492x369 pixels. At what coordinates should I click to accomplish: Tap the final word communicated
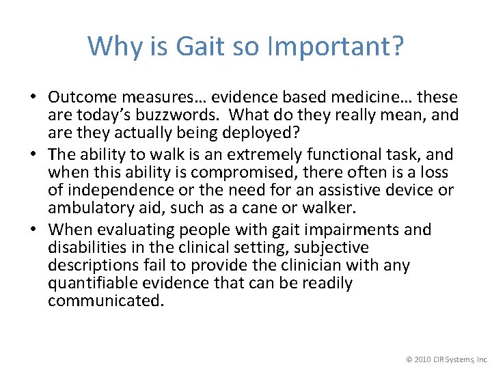point(106,301)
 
